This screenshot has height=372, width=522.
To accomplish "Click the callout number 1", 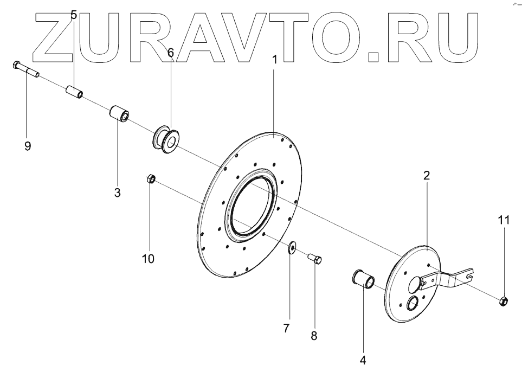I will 275,59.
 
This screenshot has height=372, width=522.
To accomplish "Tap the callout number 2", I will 427,175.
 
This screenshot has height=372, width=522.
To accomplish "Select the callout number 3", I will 117,192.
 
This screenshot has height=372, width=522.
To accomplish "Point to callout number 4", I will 363,359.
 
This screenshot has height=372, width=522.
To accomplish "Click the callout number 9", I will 28,145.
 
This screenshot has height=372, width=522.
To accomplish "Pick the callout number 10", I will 148,259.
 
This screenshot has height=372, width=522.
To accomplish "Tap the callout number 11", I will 504,220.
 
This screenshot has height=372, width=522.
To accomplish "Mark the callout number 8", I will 314,336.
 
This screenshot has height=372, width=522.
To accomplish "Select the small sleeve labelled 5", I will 74,91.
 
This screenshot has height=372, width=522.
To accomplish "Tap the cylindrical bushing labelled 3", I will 119,114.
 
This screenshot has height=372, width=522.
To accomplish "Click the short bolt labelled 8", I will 314,259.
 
